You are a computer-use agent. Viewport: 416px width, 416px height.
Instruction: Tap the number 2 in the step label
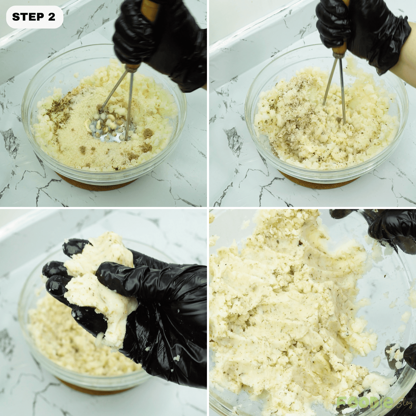tap(51, 17)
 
